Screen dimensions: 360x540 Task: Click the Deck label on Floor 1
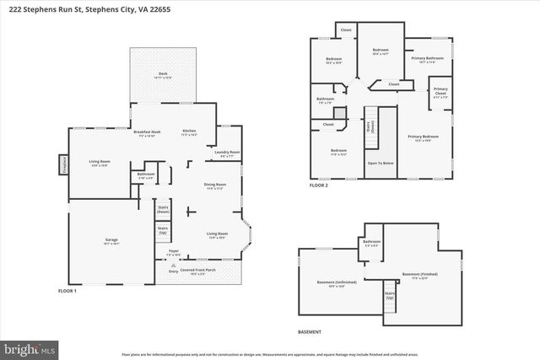pyautogui.click(x=163, y=74)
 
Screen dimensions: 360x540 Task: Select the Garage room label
pyautogui.click(x=111, y=240)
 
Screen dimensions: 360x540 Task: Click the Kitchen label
pyautogui.click(x=190, y=131)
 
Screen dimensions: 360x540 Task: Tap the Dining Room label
pyautogui.click(x=215, y=185)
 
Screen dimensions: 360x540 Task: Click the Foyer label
pyautogui.click(x=174, y=250)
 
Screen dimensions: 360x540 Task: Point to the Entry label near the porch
pyautogui.click(x=174, y=271)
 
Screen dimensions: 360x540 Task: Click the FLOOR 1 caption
pyautogui.click(x=67, y=291)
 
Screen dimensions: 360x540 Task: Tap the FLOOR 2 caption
pyautogui.click(x=319, y=185)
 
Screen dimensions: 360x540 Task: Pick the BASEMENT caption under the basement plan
pyautogui.click(x=310, y=332)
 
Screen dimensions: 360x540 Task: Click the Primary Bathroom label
pyautogui.click(x=427, y=58)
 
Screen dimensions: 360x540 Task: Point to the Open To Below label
pyautogui.click(x=381, y=164)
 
